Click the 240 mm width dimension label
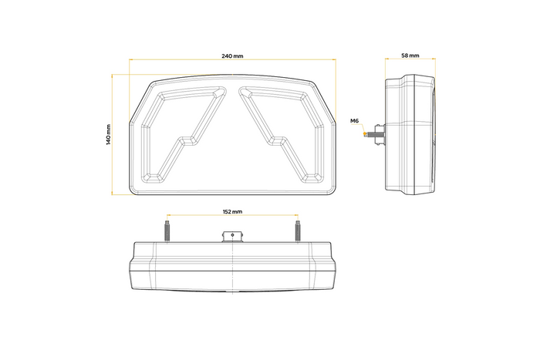coord(232,57)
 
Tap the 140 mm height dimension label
coord(109,135)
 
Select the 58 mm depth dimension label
coord(410,56)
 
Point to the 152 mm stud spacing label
coord(232,210)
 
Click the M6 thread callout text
coord(354,121)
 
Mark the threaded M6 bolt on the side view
coord(374,133)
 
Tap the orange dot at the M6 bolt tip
coord(363,133)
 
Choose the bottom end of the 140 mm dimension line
coord(113,195)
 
